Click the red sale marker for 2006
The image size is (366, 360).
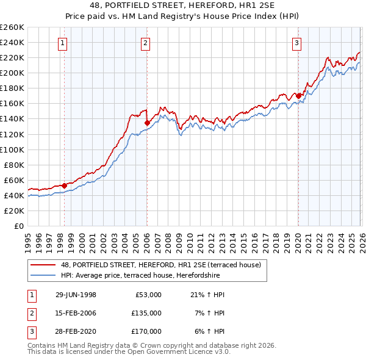(x=147, y=123)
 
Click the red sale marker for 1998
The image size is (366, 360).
(x=65, y=185)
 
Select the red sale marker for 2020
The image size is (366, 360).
(x=298, y=96)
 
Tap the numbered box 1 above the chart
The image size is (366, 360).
(x=63, y=43)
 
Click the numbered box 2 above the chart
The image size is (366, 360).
(x=146, y=43)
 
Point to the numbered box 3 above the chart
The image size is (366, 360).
(x=296, y=43)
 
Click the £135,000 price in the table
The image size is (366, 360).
(x=146, y=312)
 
